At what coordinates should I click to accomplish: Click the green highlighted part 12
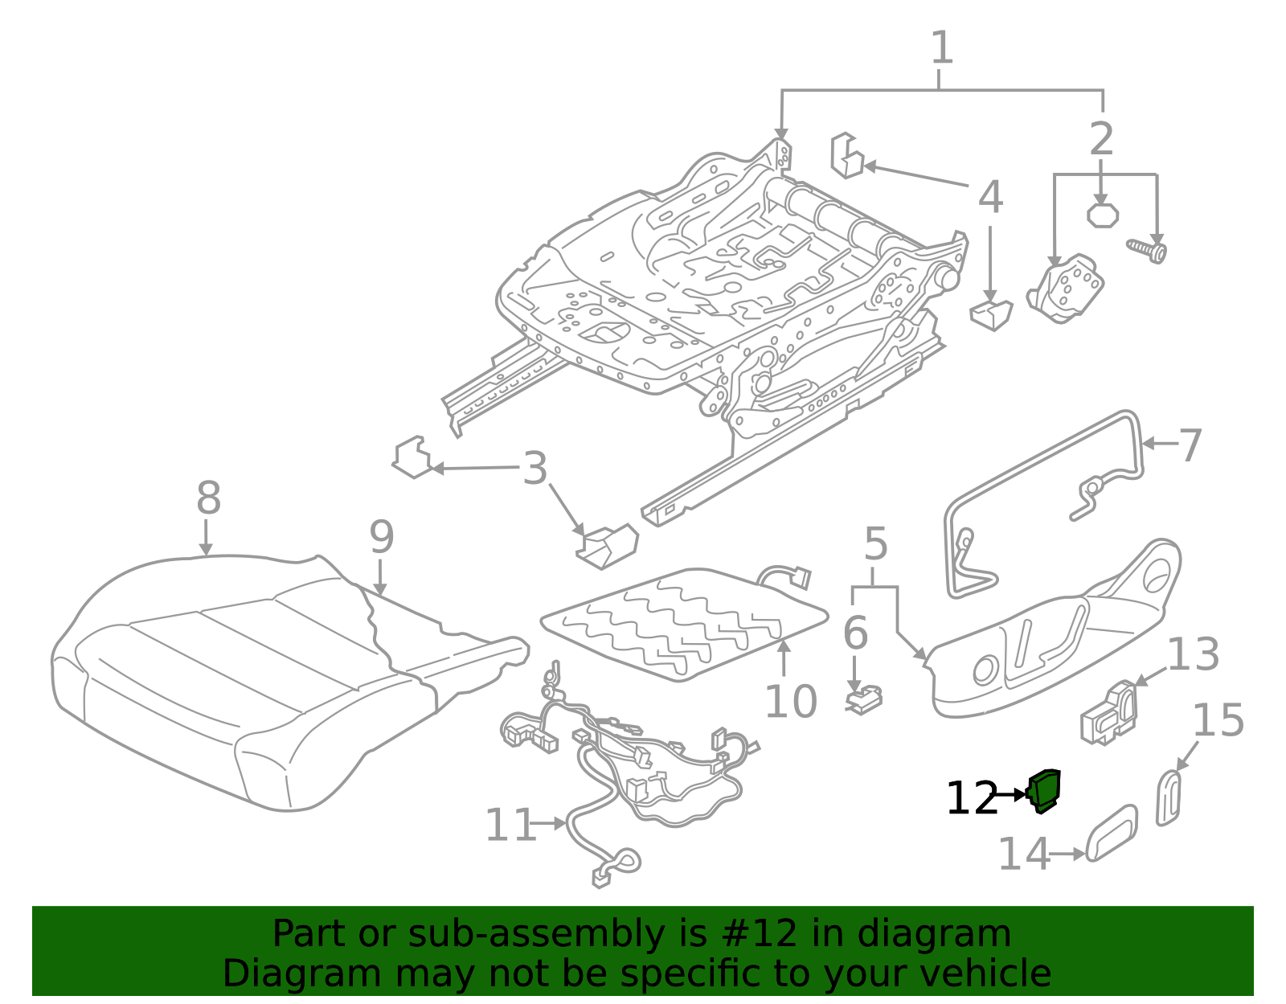pyautogui.click(x=1045, y=791)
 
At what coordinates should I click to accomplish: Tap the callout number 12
pyautogui.click(x=972, y=799)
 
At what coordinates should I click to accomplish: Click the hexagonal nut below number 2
pyautogui.click(x=1102, y=215)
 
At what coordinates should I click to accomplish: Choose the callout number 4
pyautogui.click(x=990, y=197)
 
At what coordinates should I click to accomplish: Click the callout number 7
pyautogui.click(x=1190, y=445)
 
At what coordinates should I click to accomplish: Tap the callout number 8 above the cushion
pyautogui.click(x=208, y=498)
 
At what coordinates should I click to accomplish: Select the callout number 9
pyautogui.click(x=381, y=537)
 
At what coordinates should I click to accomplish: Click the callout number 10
pyautogui.click(x=790, y=702)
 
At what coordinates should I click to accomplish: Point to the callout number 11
pyautogui.click(x=510, y=825)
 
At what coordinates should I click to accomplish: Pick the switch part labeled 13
pyautogui.click(x=1109, y=712)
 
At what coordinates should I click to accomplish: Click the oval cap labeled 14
pyautogui.click(x=1112, y=833)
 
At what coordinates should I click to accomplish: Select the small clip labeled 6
pyautogui.click(x=864, y=699)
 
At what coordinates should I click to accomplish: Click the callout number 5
pyautogui.click(x=875, y=545)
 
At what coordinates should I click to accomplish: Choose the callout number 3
pyautogui.click(x=534, y=469)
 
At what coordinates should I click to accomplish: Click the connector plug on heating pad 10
pyautogui.click(x=801, y=577)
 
